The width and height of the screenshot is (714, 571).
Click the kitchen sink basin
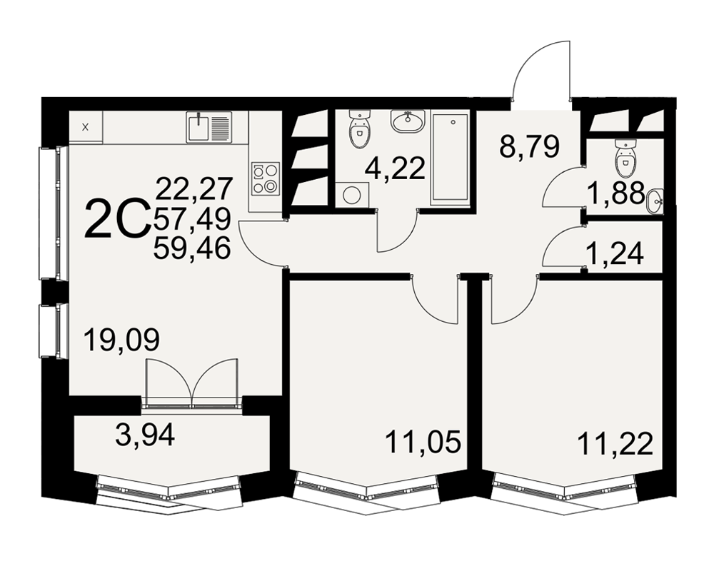click(198, 128)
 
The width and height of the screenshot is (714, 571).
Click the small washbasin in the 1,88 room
click(654, 201)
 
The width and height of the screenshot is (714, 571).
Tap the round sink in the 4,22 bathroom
click(408, 121)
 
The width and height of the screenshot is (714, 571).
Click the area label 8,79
click(528, 146)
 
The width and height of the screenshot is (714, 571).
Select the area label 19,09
click(122, 340)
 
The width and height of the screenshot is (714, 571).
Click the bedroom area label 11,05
click(423, 442)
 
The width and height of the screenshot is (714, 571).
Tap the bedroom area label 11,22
click(615, 444)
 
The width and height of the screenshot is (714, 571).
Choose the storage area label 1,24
click(614, 253)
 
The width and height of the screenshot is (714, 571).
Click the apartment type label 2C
click(118, 220)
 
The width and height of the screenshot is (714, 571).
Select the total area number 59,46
click(192, 248)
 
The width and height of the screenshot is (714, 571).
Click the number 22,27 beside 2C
click(194, 188)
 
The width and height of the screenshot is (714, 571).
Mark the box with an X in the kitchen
click(86, 128)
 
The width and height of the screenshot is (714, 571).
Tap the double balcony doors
click(191, 383)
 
